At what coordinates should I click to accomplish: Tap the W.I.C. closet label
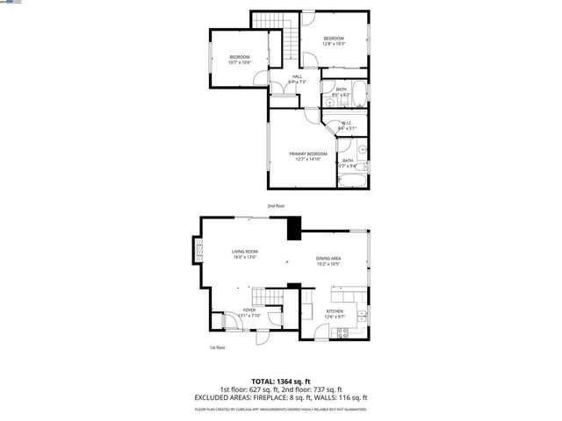346,124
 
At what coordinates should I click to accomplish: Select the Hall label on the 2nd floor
297,78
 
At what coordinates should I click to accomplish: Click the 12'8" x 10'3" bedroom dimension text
334,44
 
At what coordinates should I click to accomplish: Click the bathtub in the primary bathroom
348,181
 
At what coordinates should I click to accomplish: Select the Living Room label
244,251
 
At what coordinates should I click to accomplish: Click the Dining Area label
328,258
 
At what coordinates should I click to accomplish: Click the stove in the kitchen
345,332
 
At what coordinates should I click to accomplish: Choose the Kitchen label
335,311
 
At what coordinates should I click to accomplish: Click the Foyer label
249,310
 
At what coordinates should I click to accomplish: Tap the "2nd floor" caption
277,205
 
